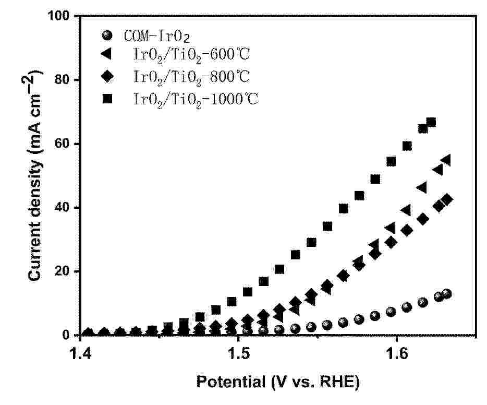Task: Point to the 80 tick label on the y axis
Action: tap(64, 80)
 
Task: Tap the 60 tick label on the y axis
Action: tap(64, 144)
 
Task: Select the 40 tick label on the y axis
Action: tap(64, 208)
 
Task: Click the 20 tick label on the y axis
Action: tap(64, 271)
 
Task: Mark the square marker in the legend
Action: tap(107, 98)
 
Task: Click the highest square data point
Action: tap(431, 123)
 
